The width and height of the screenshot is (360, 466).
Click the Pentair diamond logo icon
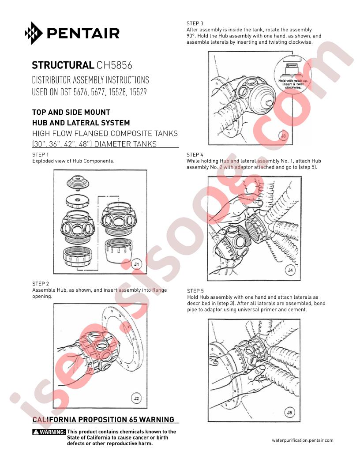click(34, 33)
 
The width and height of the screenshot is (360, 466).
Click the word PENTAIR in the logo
click(83, 33)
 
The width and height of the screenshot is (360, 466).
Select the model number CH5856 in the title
click(114, 65)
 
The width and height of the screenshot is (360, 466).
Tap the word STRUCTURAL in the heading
click(63, 65)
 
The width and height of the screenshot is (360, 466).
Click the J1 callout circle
click(136, 263)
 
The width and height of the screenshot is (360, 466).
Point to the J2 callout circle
click(136, 398)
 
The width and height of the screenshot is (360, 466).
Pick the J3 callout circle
click(283, 136)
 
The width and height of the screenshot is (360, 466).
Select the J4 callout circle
click(290, 270)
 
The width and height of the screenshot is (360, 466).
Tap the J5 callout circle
click(289, 412)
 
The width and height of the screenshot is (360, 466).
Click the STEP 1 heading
click(41, 154)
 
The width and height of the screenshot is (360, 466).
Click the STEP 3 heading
click(195, 23)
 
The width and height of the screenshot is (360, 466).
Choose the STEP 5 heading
click(195, 291)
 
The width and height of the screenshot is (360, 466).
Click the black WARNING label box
click(49, 432)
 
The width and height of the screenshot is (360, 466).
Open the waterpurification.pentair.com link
click(302, 440)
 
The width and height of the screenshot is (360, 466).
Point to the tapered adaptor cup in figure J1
click(118, 250)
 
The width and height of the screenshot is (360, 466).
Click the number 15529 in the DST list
click(138, 92)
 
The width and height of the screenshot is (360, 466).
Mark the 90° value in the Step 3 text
click(191, 36)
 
